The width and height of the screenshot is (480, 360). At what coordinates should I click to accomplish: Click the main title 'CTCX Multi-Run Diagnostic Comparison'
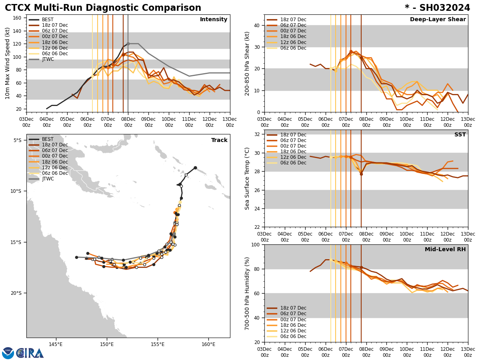click(x=103, y=8)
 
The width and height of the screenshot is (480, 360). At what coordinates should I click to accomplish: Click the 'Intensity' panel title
click(x=214, y=20)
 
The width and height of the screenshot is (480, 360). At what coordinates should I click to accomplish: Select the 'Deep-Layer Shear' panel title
click(x=438, y=20)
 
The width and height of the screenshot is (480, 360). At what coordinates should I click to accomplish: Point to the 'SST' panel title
click(x=460, y=135)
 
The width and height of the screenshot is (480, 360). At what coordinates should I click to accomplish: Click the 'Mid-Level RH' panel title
click(x=445, y=250)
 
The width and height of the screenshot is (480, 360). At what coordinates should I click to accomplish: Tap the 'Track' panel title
click(x=219, y=140)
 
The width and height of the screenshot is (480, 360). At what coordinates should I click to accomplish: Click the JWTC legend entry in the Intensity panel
click(x=48, y=59)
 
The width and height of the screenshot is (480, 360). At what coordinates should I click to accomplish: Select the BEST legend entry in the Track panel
click(x=48, y=139)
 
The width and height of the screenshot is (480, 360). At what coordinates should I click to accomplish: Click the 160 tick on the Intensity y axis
click(x=18, y=18)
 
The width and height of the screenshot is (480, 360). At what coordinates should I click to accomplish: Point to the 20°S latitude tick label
click(x=16, y=293)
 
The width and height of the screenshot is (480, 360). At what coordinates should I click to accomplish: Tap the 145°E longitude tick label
click(x=56, y=345)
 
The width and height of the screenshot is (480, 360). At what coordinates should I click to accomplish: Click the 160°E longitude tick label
click(x=208, y=345)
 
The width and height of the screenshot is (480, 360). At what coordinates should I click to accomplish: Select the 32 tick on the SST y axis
click(x=257, y=134)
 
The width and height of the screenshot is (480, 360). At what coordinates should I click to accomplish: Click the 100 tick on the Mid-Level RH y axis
click(x=255, y=245)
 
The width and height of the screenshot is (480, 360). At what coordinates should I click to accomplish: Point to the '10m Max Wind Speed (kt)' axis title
click(x=8, y=63)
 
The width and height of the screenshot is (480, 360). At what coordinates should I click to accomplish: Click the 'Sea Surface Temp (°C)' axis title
click(x=247, y=178)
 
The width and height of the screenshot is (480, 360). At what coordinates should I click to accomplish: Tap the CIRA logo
click(x=23, y=353)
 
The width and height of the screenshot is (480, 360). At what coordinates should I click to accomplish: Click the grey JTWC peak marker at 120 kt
click(x=128, y=44)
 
